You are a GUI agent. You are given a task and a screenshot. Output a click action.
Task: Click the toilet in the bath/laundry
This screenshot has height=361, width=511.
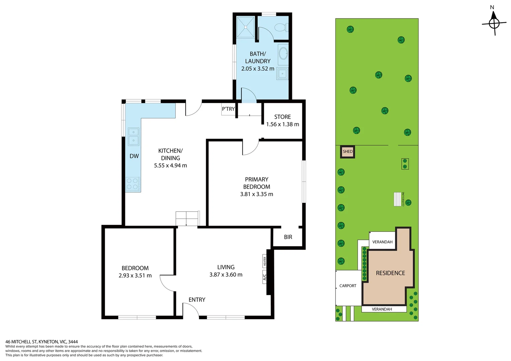pyautogui.click(x=281, y=27)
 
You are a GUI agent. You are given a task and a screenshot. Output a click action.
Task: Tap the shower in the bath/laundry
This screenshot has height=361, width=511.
pyautogui.click(x=245, y=27)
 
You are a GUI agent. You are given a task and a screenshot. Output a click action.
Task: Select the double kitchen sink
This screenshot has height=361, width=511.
pyautogui.click(x=133, y=136)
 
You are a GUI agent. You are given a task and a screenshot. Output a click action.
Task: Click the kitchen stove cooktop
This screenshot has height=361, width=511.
pyautogui.click(x=133, y=184)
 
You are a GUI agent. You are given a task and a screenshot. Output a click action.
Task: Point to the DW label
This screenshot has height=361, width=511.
pyautogui.click(x=134, y=156)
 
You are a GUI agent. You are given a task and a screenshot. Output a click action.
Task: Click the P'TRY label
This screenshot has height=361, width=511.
pyautogui.click(x=228, y=109)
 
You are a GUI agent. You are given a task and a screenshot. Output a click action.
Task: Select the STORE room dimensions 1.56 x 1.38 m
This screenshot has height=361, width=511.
pyautogui.click(x=283, y=124)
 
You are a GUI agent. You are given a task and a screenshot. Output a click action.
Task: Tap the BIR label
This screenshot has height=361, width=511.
pyautogui.click(x=288, y=237)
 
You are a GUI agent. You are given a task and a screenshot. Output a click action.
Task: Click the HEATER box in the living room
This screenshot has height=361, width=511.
pyautogui.click(x=265, y=261)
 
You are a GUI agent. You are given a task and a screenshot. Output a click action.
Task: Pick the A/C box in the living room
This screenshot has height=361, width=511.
pyautogui.click(x=265, y=277)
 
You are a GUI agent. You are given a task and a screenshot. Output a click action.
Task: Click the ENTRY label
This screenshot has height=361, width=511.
pyautogui.click(x=197, y=300)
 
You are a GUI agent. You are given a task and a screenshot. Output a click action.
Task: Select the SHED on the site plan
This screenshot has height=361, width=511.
pyautogui.click(x=347, y=152)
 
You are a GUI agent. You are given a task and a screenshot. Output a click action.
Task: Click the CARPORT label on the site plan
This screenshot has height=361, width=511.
pyautogui.click(x=348, y=286)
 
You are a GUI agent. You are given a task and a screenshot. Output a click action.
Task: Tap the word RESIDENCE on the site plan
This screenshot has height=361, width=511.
pyautogui.click(x=390, y=273)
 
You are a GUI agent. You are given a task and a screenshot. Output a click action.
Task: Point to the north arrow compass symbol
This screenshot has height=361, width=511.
pyautogui.click(x=494, y=23)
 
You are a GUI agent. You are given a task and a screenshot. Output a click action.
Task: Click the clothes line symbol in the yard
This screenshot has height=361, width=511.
pyautogui.click(x=397, y=199)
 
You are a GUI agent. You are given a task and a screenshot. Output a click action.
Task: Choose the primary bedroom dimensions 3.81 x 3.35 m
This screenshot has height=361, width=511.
pyautogui.click(x=257, y=194)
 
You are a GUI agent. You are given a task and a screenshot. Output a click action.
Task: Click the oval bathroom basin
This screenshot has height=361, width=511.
pyautogui.click(x=283, y=53)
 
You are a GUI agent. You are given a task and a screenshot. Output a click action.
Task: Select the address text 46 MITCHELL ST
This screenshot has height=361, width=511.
pyautogui.click(x=22, y=342)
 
